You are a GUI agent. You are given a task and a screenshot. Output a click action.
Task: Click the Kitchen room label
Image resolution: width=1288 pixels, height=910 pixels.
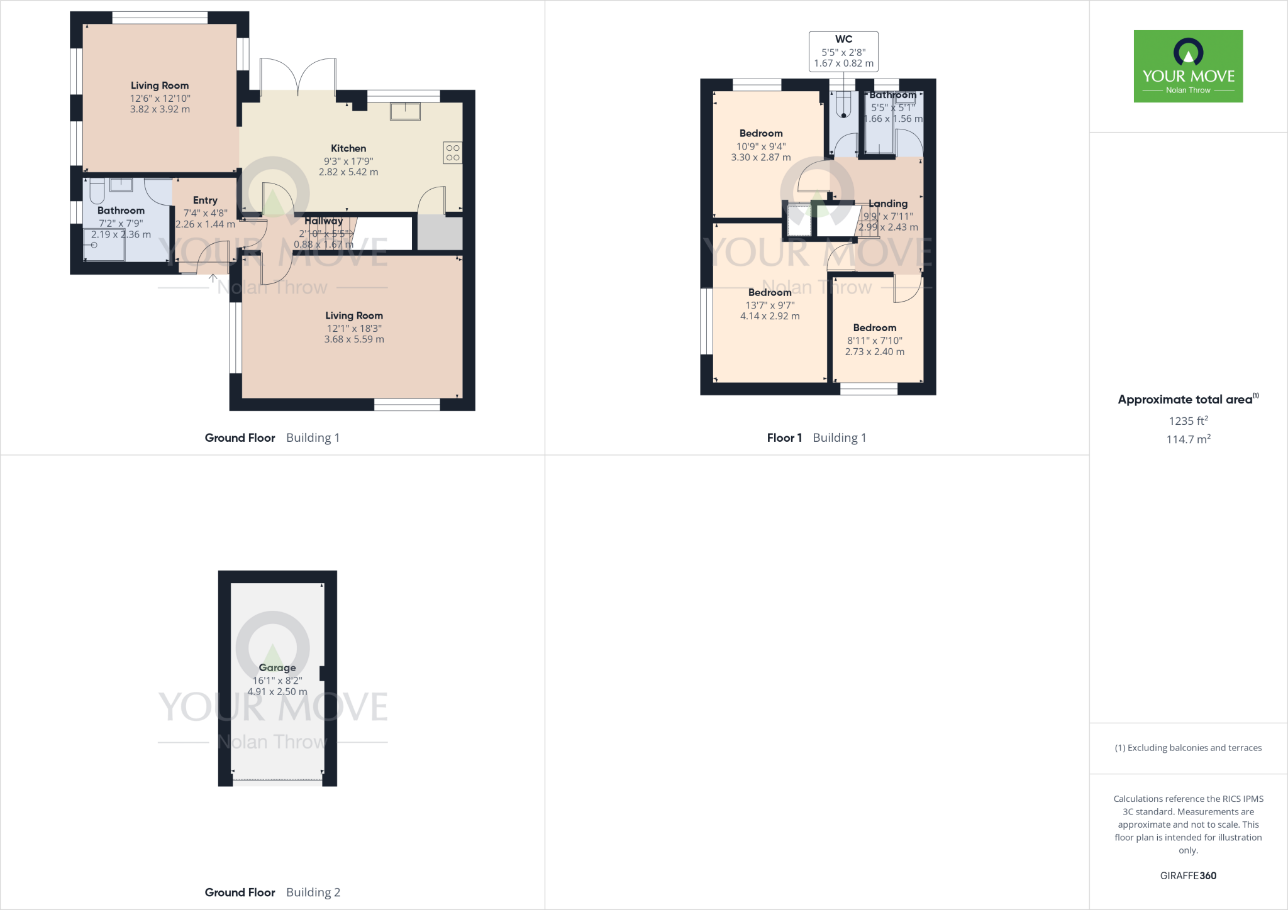pyautogui.click(x=348, y=148)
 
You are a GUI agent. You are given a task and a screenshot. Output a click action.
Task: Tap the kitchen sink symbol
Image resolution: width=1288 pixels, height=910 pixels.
pyautogui.click(x=405, y=112)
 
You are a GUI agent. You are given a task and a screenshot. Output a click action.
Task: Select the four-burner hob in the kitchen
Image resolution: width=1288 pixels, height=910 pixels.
pyautogui.click(x=453, y=153)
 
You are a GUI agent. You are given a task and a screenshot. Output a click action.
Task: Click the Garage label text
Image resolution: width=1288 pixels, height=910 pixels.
pyautogui.click(x=277, y=667)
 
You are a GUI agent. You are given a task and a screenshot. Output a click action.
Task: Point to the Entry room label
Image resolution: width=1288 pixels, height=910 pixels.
pyautogui.click(x=205, y=200)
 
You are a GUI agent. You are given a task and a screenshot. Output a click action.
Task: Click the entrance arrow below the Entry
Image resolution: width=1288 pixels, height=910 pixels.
pyautogui.click(x=213, y=278)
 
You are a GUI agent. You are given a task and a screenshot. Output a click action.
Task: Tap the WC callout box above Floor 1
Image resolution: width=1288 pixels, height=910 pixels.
pyautogui.click(x=843, y=51)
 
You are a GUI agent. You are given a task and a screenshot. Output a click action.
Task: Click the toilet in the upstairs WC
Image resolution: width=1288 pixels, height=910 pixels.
pyautogui.click(x=843, y=106)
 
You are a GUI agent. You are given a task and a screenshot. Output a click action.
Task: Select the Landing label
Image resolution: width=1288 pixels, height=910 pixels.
pyautogui.click(x=888, y=204)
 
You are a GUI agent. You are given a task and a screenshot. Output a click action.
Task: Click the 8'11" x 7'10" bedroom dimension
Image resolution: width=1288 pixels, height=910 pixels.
pyautogui.click(x=875, y=340)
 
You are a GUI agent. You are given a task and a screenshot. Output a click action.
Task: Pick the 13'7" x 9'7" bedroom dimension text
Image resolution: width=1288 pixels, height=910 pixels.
pyautogui.click(x=770, y=305)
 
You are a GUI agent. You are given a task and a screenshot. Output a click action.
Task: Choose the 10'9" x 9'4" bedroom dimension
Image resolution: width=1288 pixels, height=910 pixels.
pyautogui.click(x=761, y=146)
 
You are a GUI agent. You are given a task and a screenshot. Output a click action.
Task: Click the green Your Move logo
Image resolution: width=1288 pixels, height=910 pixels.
pyautogui.click(x=1188, y=66)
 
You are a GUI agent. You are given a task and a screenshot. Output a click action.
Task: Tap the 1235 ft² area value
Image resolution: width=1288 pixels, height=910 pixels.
pyautogui.click(x=1188, y=421)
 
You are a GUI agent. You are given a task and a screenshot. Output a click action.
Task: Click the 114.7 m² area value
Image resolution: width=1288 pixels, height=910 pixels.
pyautogui.click(x=1188, y=439)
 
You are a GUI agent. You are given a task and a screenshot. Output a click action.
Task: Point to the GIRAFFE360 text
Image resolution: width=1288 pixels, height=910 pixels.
pyautogui.click(x=1188, y=875)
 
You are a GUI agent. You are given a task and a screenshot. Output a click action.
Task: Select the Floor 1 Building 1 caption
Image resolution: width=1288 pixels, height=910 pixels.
pyautogui.click(x=816, y=437)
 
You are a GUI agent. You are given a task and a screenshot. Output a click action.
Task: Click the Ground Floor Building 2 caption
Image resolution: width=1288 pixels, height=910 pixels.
pyautogui.click(x=272, y=892)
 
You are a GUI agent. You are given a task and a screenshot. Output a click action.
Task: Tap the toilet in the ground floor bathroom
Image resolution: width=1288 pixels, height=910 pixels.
pyautogui.click(x=97, y=190)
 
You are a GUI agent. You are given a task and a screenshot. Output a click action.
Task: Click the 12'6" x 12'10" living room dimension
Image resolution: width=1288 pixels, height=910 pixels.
pyautogui.click(x=160, y=98)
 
